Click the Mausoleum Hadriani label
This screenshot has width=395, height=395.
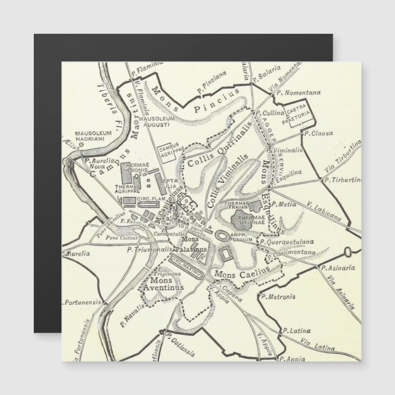[x=92, y=136]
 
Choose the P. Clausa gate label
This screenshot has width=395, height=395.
[x=318, y=132]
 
